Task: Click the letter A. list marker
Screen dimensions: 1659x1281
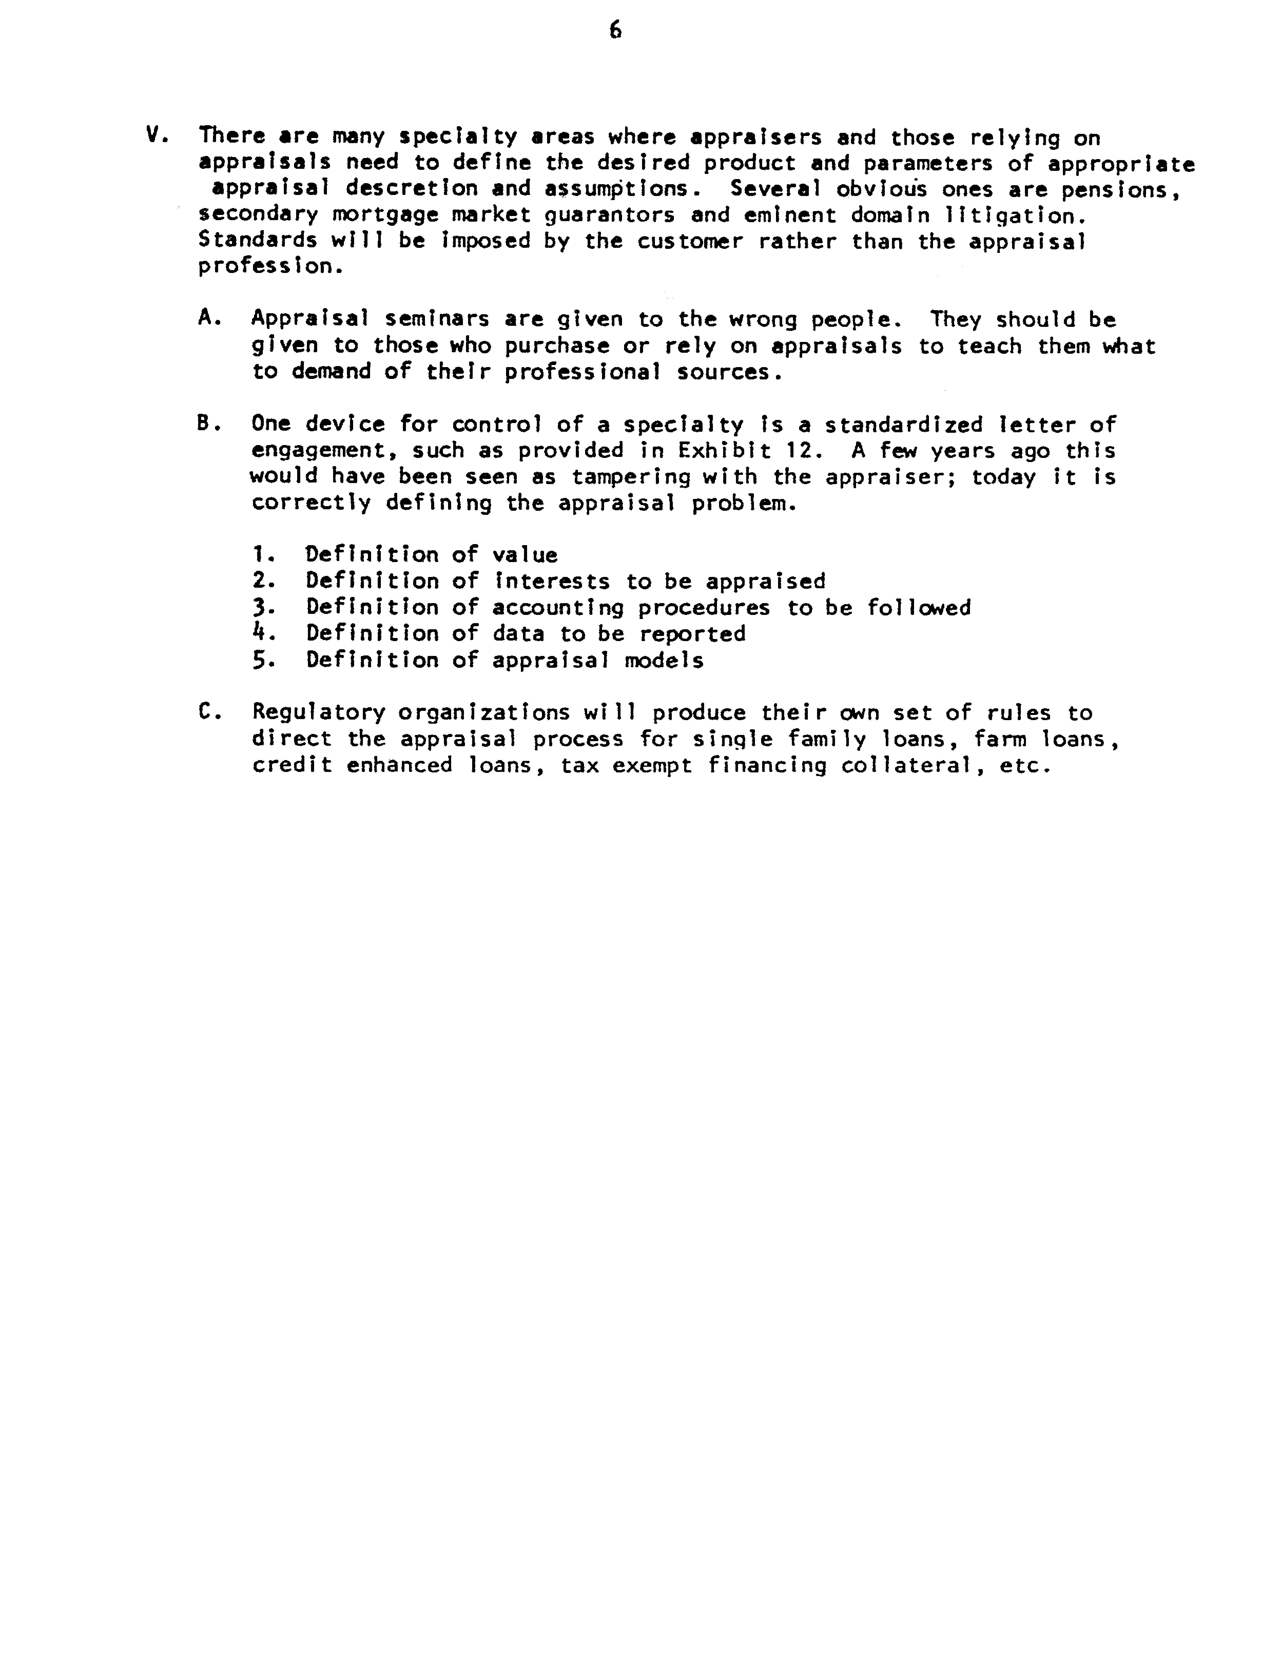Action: click(x=209, y=318)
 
